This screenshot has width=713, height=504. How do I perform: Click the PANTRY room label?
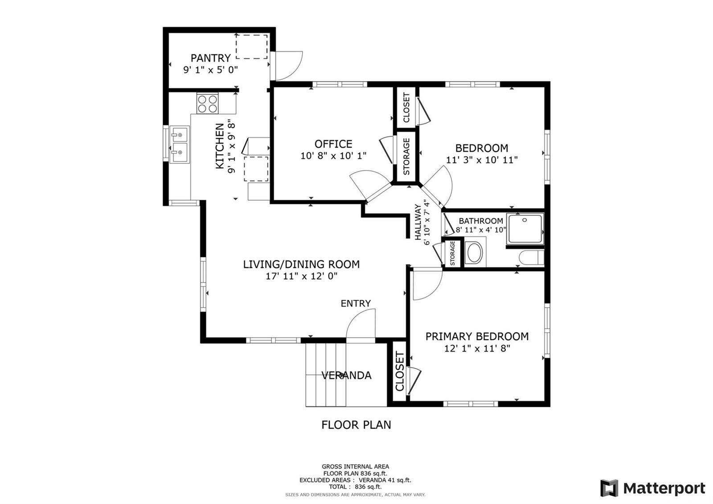click(210, 58)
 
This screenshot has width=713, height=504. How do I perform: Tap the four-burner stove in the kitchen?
click(208, 103)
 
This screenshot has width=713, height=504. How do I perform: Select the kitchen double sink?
click(180, 145)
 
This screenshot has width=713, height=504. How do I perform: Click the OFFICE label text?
click(333, 144)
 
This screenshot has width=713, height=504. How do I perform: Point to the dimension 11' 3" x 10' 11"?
click(482, 160)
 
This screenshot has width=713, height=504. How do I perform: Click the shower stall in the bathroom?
click(525, 229)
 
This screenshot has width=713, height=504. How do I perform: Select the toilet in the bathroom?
click(531, 257)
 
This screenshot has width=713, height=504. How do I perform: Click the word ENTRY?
click(356, 303)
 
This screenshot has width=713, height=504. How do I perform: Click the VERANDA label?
click(346, 375)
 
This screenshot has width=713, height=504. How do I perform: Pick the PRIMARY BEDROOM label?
click(477, 336)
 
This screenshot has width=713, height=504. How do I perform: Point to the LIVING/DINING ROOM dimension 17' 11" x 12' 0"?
click(301, 276)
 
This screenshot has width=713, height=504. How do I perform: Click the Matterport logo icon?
click(609, 488)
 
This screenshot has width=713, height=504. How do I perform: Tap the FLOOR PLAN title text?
click(356, 425)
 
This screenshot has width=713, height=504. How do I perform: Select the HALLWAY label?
click(418, 222)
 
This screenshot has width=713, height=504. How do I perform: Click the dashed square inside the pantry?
click(251, 47)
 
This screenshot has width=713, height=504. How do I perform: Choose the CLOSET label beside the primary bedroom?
click(399, 371)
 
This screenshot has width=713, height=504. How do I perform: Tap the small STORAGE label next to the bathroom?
click(452, 253)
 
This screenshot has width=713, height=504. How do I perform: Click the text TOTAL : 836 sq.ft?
click(355, 487)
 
